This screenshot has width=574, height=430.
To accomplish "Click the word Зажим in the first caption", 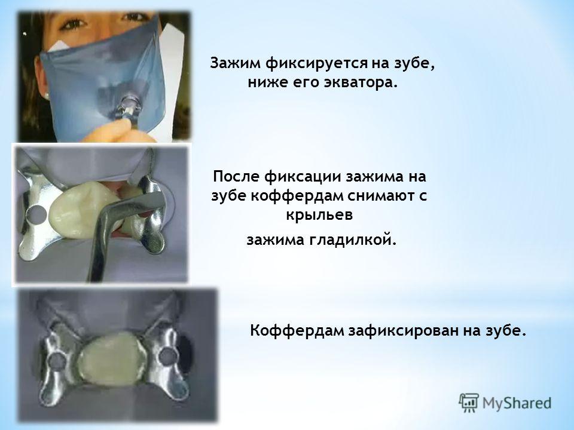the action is [x=235, y=63].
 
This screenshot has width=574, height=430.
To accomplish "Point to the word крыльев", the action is [x=319, y=215].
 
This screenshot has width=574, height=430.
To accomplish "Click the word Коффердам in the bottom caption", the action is [x=297, y=331].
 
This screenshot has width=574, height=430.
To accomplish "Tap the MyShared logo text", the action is [x=517, y=403].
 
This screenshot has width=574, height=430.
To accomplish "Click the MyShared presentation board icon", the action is [x=469, y=403].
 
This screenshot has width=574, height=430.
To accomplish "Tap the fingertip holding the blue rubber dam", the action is [x=117, y=128].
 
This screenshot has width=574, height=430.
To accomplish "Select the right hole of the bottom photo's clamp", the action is [x=167, y=356].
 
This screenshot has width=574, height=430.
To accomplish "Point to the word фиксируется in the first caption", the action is [x=316, y=64].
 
